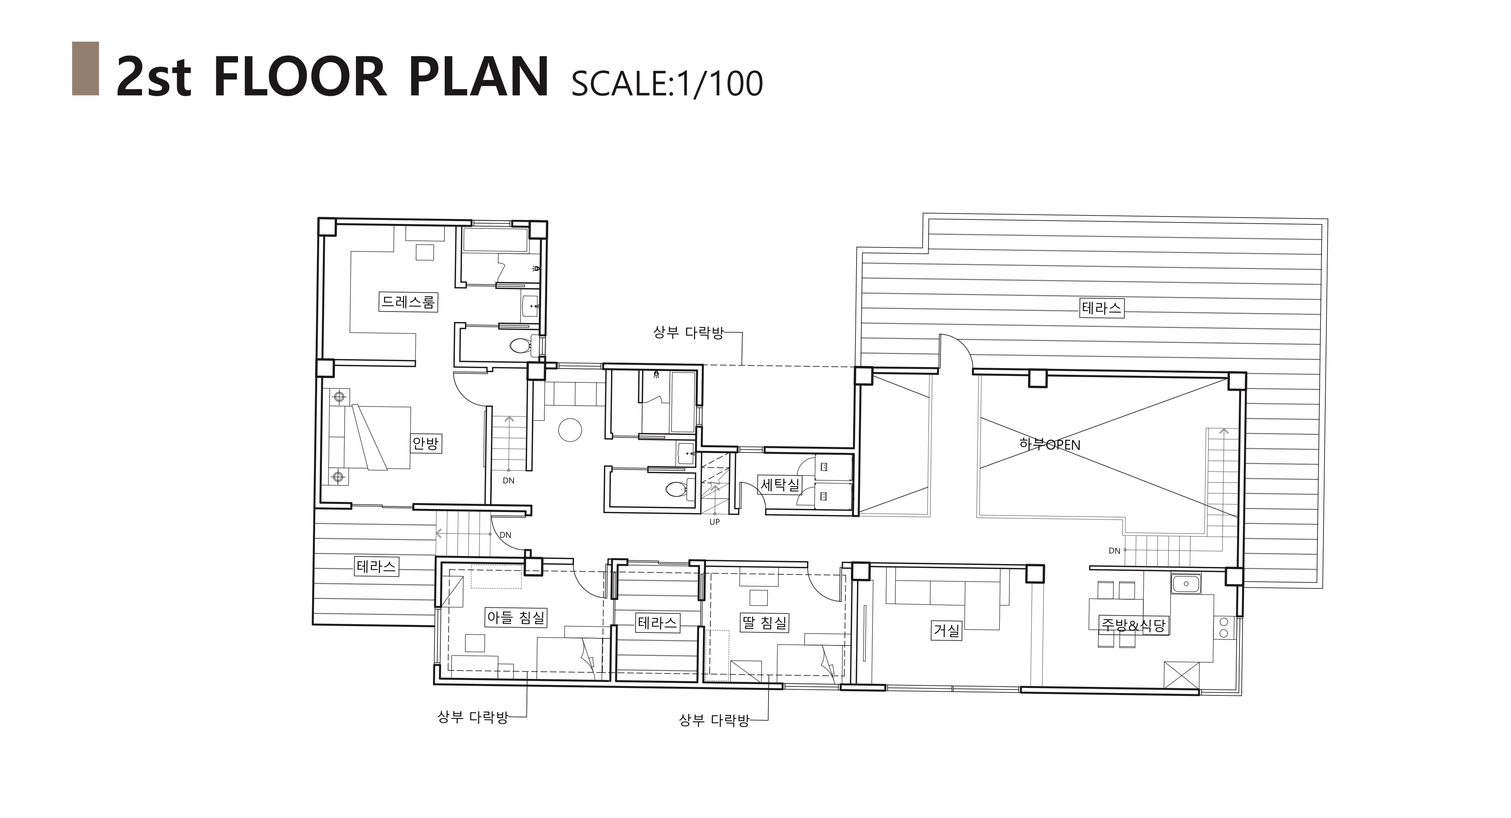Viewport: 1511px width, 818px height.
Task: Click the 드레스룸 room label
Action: point(408,302)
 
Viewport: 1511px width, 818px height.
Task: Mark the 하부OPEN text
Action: point(1049,445)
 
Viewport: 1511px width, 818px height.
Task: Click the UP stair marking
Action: point(714,522)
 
